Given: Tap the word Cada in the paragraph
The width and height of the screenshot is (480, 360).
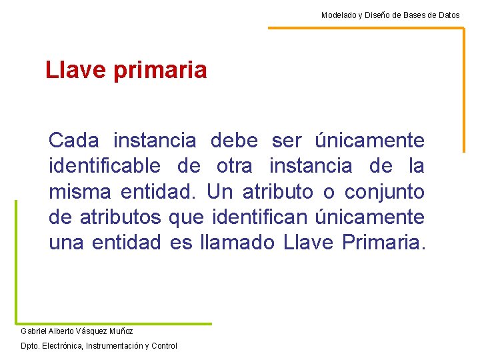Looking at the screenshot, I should (x=74, y=141).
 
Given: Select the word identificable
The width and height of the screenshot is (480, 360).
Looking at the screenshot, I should (x=105, y=166).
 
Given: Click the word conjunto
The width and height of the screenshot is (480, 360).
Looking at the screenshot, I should (x=384, y=192).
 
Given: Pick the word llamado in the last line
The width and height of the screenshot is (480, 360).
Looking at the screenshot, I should (x=237, y=243).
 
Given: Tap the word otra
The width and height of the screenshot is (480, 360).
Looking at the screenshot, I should (x=234, y=166).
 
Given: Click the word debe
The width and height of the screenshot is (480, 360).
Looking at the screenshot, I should (x=234, y=141).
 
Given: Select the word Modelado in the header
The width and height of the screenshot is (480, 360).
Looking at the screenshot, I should (x=337, y=15).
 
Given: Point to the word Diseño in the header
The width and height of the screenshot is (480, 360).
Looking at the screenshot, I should (x=377, y=15).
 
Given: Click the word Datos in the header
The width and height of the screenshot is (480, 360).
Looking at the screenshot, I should (x=448, y=15).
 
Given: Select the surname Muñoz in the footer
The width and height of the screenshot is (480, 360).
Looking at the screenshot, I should (x=121, y=331).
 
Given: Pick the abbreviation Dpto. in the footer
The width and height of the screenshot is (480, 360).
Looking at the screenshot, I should (x=29, y=345).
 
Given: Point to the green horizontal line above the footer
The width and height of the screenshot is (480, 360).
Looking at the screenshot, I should (x=113, y=323).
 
